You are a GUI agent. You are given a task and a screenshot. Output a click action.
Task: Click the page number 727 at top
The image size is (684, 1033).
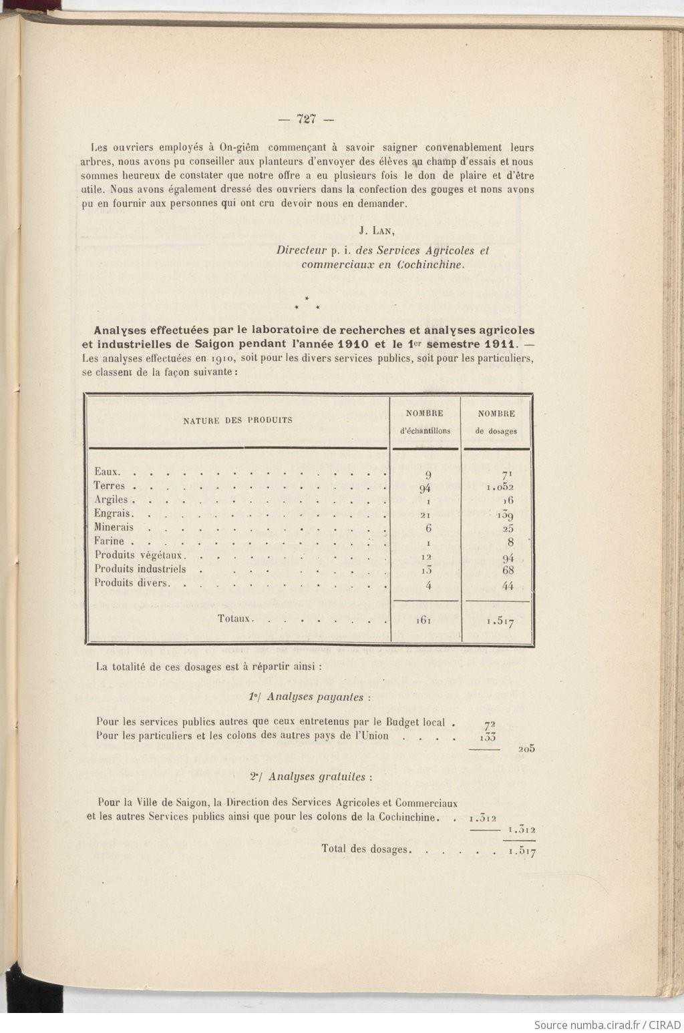[x=306, y=120]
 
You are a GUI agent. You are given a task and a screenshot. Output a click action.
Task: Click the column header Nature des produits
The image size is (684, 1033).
[x=238, y=420]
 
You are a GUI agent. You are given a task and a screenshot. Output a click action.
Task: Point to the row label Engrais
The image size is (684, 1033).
[x=113, y=514]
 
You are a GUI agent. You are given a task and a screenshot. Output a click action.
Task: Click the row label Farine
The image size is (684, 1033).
[x=110, y=541]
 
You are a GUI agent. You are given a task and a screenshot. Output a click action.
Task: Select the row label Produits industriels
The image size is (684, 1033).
[x=140, y=569]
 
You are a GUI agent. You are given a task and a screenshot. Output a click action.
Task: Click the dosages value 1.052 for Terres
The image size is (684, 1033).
[x=500, y=487]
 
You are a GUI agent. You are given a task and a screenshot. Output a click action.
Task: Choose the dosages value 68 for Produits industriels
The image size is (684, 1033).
[x=508, y=571]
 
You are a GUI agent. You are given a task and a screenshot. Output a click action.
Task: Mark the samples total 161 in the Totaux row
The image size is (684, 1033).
[x=423, y=620]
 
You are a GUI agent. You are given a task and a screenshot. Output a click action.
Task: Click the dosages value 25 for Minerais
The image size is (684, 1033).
[x=508, y=529]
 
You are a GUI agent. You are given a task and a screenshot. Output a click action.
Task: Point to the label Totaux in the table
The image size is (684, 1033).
[x=234, y=619]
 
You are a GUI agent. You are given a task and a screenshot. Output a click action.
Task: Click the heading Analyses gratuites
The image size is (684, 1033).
[x=310, y=777]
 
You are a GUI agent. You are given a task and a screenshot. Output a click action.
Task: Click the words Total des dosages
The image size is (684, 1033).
[x=364, y=849]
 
